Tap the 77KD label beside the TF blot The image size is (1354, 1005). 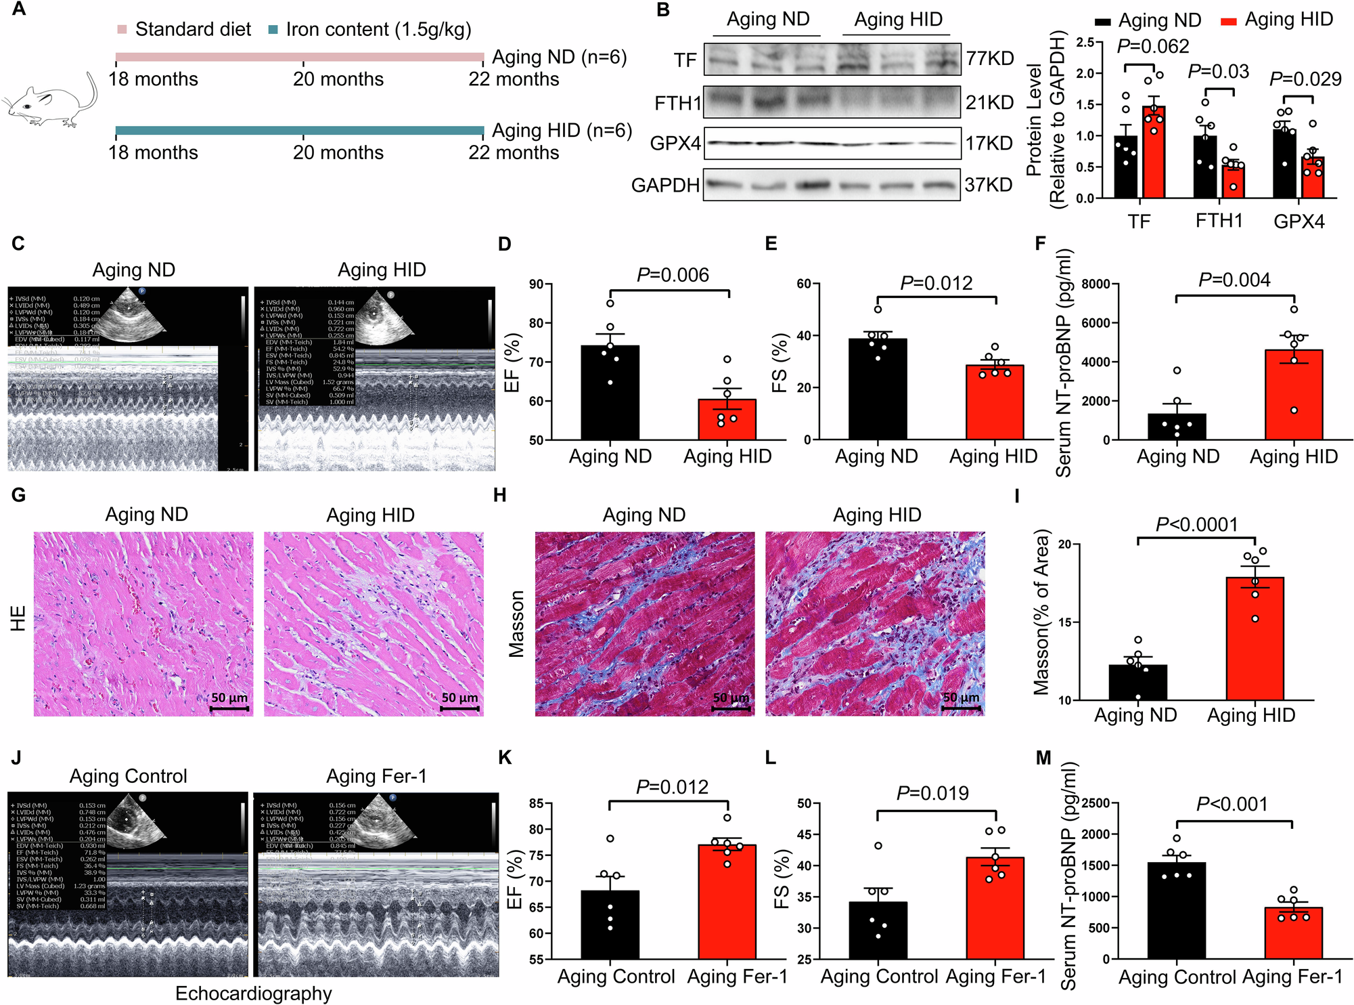[x=990, y=59]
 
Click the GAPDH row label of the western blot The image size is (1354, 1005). [x=665, y=185]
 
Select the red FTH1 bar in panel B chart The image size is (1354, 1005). [x=1233, y=180]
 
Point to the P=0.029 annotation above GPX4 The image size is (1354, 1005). [x=1305, y=79]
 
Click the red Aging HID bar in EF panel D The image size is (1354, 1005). [x=727, y=420]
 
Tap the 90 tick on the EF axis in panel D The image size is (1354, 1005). [x=537, y=284]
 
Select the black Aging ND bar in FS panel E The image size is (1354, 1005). [x=878, y=389]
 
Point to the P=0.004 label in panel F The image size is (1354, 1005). [x=1234, y=280]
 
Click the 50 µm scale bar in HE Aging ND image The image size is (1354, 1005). [x=229, y=708]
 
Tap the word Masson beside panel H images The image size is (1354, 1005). [x=517, y=624]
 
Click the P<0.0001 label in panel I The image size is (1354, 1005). [x=1196, y=524]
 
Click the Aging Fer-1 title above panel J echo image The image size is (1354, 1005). [x=376, y=776]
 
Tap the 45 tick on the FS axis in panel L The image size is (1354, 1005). [x=805, y=834]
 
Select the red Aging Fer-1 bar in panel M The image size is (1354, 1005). [x=1293, y=933]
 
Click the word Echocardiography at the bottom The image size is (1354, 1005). [x=254, y=993]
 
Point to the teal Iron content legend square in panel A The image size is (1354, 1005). [x=273, y=30]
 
